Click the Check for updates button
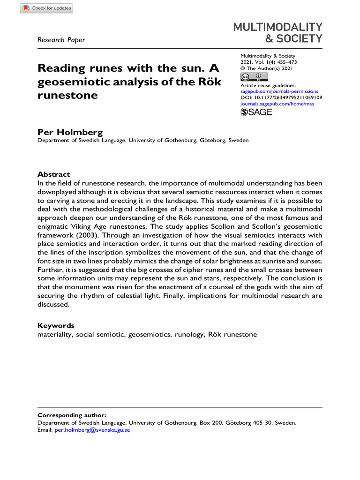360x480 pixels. [46, 8]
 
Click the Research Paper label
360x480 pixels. [60, 40]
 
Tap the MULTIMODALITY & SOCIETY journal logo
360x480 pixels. [278, 32]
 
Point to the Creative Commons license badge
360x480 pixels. [251, 77]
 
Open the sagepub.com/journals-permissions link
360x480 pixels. [279, 91]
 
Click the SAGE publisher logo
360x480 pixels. [256, 112]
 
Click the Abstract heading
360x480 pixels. [53, 174]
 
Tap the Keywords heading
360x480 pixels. [56, 326]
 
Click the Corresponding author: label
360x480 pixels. [72, 415]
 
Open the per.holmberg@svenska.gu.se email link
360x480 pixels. [92, 429]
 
